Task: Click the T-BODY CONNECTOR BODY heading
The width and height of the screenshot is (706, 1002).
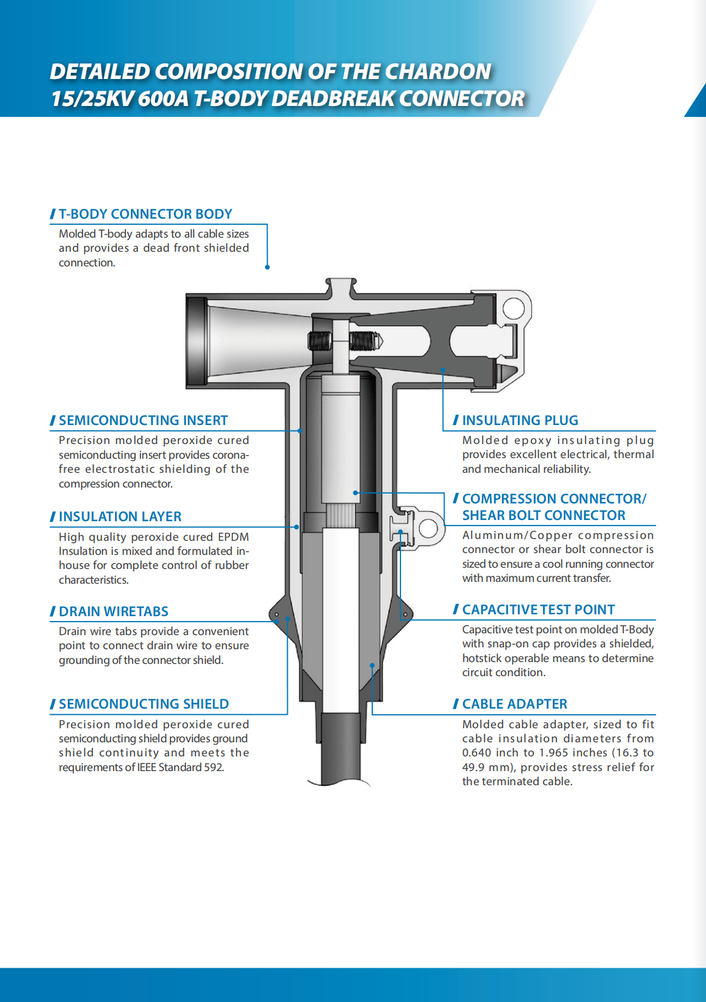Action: click(x=145, y=214)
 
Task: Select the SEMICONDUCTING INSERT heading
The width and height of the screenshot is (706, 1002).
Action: click(x=143, y=420)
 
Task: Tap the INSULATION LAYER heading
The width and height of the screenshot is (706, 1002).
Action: click(x=120, y=516)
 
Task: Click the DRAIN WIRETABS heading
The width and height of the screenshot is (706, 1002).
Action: click(x=113, y=611)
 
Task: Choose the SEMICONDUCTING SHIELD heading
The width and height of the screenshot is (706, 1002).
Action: click(x=143, y=704)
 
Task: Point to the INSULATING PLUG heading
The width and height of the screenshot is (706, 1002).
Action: click(x=520, y=420)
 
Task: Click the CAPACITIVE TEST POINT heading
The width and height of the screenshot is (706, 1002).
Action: click(x=538, y=609)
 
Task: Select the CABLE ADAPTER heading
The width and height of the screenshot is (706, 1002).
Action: click(x=514, y=704)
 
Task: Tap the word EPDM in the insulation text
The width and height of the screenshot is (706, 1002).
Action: click(x=233, y=537)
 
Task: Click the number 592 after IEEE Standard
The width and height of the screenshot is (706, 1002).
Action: click(x=213, y=767)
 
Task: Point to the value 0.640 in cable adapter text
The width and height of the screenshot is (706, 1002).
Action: click(x=476, y=753)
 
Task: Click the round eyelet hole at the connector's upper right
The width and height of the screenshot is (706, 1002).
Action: click(x=514, y=308)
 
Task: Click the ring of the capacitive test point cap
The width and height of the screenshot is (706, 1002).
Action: click(x=428, y=527)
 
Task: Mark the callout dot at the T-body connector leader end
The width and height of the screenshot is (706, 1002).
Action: click(x=268, y=267)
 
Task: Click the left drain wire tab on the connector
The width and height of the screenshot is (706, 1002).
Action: click(x=277, y=614)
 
